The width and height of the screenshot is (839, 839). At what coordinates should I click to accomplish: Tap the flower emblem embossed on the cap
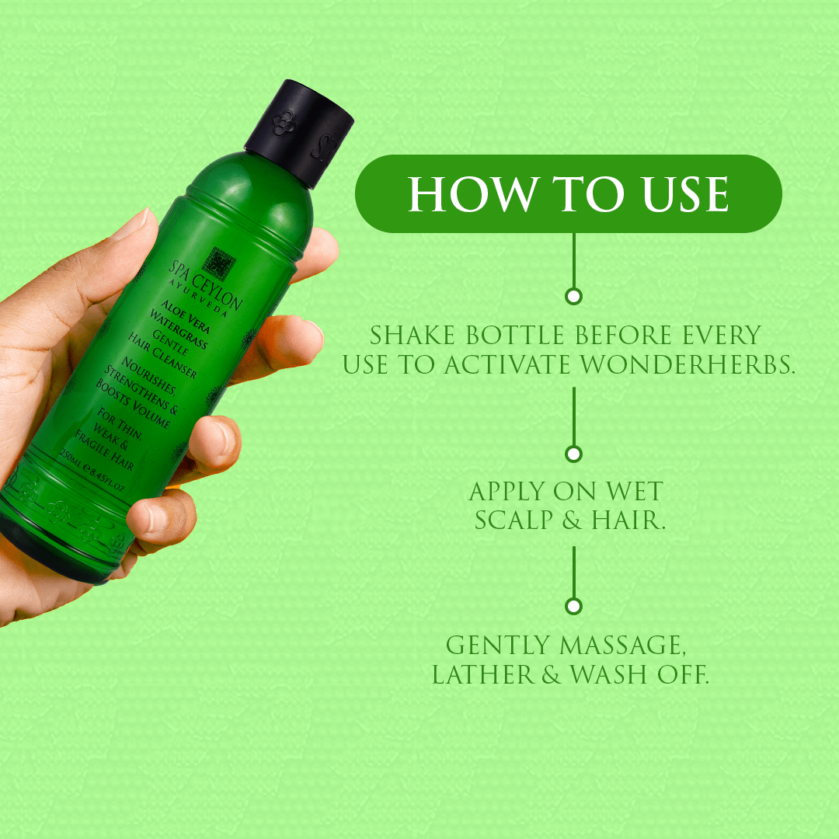coord(284,123)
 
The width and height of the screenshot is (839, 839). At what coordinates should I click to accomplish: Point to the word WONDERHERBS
coord(687,364)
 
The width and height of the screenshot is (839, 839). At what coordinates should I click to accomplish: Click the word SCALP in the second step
coord(513,520)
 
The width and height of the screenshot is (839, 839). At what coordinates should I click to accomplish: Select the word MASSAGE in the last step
coord(621,646)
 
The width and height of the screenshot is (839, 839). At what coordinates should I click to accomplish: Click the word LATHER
coord(483,674)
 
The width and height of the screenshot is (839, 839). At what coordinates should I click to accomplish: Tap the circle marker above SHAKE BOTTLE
coord(573,296)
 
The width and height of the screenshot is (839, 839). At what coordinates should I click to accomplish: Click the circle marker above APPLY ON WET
coord(573,454)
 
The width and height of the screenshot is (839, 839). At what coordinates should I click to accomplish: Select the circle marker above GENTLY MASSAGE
coord(573,606)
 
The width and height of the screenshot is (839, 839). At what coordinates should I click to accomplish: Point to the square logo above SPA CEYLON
coord(218,263)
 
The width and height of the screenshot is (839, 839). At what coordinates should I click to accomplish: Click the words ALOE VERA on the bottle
coord(186,317)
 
